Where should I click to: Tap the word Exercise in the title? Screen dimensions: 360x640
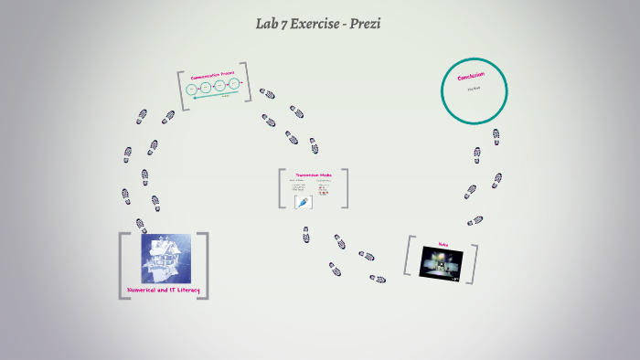316,24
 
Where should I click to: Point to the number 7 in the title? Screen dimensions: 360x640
283,24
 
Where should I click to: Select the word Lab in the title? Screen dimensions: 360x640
267,24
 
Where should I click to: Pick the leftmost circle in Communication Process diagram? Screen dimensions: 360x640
192,89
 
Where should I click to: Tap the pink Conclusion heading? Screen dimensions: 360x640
471,77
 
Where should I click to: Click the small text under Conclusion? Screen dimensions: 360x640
474,90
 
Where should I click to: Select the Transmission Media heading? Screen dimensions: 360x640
313,175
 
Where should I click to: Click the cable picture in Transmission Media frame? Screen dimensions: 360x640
304,202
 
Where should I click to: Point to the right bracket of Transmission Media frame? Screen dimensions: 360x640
344,188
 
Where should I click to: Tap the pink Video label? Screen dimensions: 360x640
443,244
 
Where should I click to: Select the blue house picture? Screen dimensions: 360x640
165,258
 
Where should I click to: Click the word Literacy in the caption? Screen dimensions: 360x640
187,291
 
